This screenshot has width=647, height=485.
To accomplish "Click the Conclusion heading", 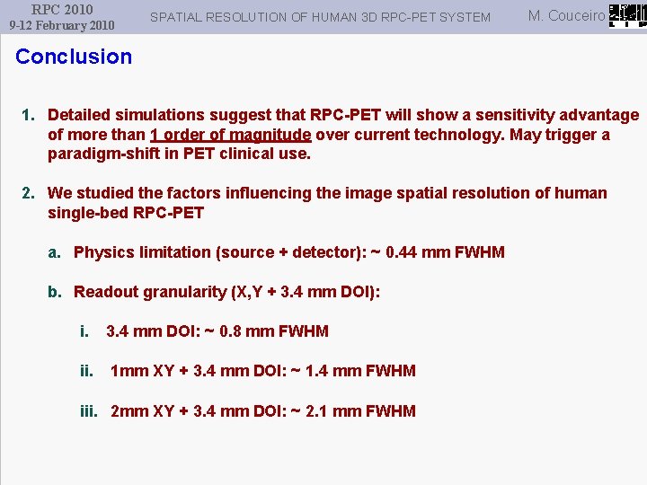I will coord(74,57).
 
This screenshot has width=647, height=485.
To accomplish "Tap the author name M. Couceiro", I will coord(566,15).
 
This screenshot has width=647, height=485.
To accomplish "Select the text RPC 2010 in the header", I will coord(62,9).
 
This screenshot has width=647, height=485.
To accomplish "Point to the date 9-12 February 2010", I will coord(62,25).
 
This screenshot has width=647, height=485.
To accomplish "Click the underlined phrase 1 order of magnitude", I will coord(231,135).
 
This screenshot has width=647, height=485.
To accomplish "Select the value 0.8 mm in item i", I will coord(238,331).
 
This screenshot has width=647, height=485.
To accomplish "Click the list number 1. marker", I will coord(29,115).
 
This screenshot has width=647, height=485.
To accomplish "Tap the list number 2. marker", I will coord(29,193).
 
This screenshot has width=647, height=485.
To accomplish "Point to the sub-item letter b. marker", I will coord(56,292).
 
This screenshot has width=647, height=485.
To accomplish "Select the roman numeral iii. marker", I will coord(89,411).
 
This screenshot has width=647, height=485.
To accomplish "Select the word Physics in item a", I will coord(102,252).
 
